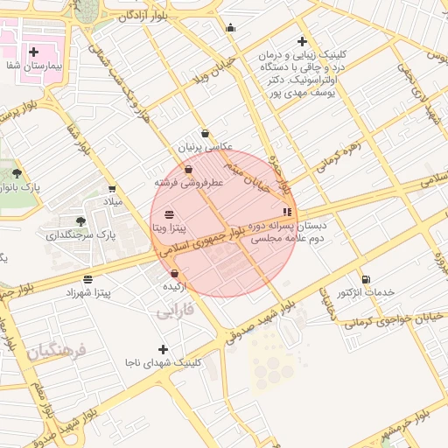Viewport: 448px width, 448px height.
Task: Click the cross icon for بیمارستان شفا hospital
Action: [x=34, y=52]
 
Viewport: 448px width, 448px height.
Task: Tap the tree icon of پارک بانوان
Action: [x=17, y=174]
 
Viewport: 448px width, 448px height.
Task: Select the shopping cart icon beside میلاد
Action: [x=112, y=188]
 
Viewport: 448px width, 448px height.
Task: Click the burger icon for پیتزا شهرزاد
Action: [x=87, y=279]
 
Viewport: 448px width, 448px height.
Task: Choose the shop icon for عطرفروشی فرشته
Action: [x=188, y=169]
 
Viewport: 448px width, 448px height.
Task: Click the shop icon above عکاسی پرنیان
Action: [x=205, y=134]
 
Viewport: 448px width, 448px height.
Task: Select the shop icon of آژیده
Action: [x=174, y=274]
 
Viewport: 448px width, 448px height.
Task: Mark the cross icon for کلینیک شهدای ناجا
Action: [x=163, y=349]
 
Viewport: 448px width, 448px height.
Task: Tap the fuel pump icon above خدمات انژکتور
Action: [x=365, y=279]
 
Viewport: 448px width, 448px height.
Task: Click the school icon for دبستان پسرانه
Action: [x=286, y=212]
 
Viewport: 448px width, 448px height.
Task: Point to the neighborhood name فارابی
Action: [x=175, y=311]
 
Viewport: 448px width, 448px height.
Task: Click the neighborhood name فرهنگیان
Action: [x=56, y=352]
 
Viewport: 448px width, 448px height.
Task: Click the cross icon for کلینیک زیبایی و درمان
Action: [x=302, y=41]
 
